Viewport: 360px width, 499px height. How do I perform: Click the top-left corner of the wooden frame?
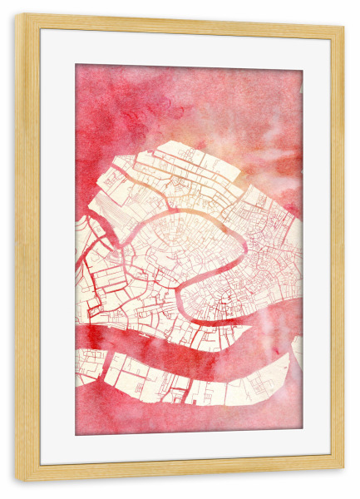coord(17,15)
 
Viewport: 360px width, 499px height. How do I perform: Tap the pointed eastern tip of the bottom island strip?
coord(287,358)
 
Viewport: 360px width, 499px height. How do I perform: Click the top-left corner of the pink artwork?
coord(76,65)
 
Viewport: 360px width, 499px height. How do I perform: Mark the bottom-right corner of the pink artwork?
coord(302,433)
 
